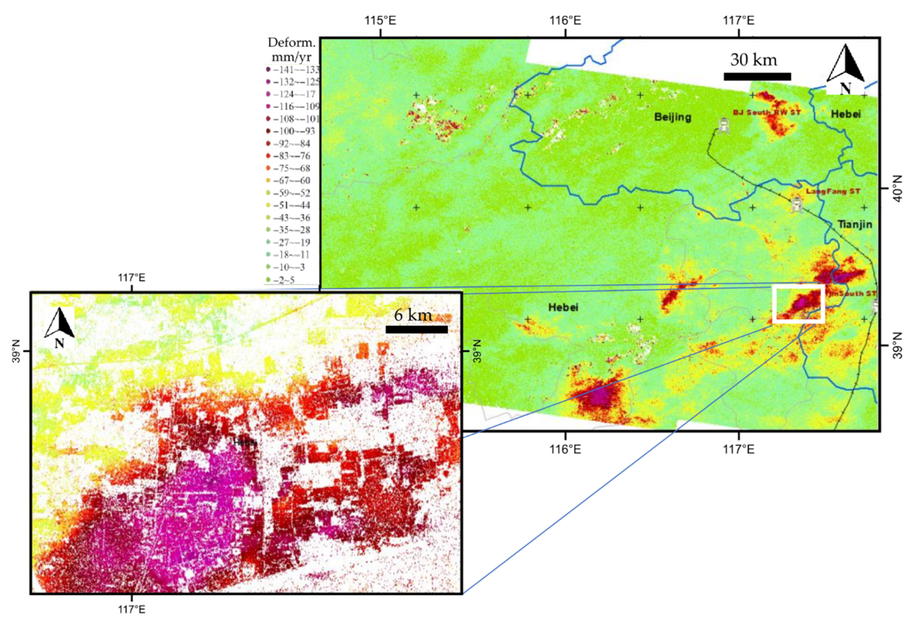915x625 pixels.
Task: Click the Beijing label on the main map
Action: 672,117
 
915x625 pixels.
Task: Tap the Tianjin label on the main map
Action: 854,224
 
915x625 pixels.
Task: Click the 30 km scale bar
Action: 757,76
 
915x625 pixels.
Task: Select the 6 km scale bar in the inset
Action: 417,329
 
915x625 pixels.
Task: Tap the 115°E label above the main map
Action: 380,20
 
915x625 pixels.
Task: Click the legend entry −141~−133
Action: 293,70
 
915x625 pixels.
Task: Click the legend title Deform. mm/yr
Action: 292,49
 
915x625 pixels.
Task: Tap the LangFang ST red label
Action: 833,191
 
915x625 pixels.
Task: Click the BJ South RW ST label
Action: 766,113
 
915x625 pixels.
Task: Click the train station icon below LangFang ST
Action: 797,205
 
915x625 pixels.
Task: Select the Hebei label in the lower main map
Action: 563,307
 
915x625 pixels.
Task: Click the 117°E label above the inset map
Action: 132,278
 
